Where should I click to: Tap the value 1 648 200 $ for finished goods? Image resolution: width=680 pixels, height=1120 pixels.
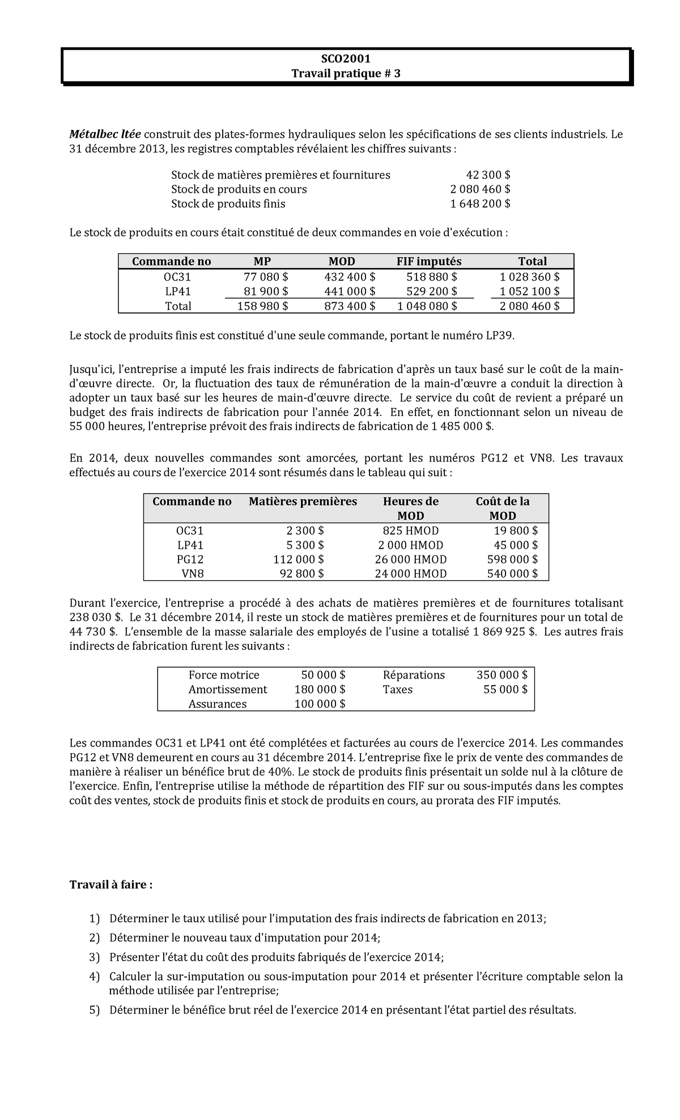(480, 203)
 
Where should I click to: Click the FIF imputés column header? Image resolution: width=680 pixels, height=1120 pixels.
(428, 261)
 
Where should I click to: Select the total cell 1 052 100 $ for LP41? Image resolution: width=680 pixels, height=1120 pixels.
(529, 291)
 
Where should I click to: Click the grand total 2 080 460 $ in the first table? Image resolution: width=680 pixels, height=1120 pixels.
(529, 306)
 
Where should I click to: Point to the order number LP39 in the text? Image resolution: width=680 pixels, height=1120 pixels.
(500, 336)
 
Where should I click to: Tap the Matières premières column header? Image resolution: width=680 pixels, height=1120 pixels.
(303, 501)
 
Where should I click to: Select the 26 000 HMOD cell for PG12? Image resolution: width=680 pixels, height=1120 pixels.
(410, 559)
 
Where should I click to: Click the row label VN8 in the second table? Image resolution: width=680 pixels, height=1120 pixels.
(192, 574)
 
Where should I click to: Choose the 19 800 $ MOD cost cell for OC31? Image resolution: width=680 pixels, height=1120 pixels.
(513, 531)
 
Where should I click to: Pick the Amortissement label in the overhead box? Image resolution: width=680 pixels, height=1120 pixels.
(228, 689)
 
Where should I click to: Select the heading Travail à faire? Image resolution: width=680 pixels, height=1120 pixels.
(111, 885)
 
